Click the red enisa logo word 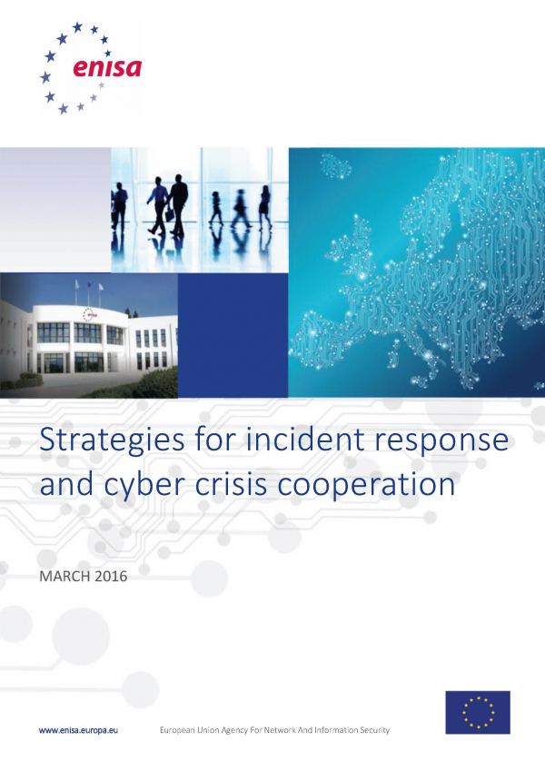point(107,68)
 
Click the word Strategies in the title point(112,441)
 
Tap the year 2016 point(111,576)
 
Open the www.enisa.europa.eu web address point(78,730)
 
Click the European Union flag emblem point(478,713)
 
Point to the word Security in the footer point(375,730)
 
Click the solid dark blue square point(233,335)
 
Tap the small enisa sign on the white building point(90,314)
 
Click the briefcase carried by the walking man point(169,214)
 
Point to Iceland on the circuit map point(336,166)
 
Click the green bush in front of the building point(147,382)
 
